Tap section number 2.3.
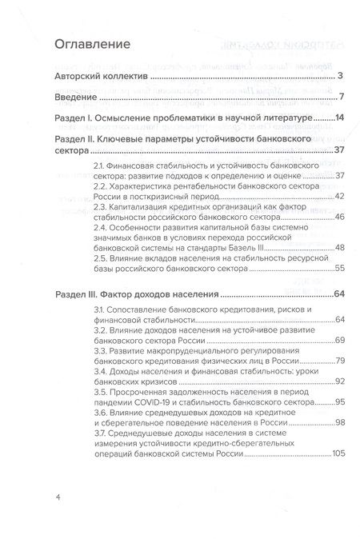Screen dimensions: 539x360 99,207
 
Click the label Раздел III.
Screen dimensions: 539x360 87,297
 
